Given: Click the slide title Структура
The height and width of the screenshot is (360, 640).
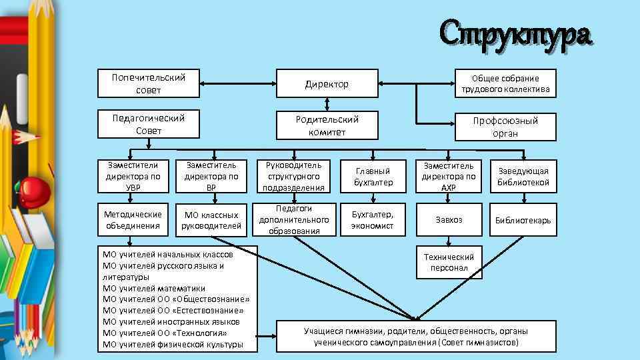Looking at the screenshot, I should (515, 33).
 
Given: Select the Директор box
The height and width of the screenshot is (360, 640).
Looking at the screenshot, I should (327, 83).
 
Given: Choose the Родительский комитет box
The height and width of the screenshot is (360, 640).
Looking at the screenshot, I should (327, 125).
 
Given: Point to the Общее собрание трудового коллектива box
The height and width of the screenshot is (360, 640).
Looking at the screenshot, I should (505, 83).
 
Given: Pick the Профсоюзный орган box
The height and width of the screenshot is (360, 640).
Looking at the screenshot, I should (505, 127).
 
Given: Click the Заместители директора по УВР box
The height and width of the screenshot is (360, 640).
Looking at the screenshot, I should (133, 177).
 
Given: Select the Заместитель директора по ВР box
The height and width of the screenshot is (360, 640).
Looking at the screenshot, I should (211, 177).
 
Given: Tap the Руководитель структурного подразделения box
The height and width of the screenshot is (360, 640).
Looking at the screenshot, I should (293, 177).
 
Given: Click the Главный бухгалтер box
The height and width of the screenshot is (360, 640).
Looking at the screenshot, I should (373, 177).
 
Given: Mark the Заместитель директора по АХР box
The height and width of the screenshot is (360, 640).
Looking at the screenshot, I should (448, 177).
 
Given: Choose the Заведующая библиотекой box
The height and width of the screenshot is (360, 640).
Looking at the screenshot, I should (523, 177).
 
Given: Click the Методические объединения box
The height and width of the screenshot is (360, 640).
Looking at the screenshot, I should (133, 220).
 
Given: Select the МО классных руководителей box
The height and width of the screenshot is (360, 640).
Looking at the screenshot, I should (211, 220).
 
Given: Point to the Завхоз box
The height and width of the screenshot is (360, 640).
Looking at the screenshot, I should (448, 219).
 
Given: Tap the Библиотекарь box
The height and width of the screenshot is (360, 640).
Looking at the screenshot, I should (523, 220).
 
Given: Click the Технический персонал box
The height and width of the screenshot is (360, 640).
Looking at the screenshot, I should (448, 263).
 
